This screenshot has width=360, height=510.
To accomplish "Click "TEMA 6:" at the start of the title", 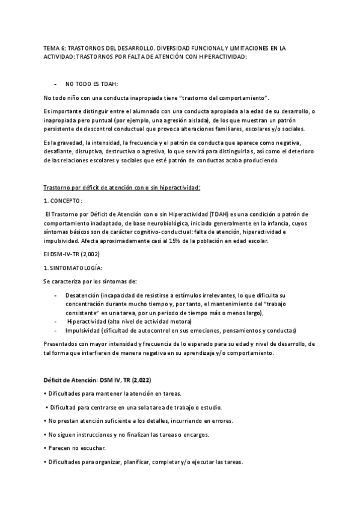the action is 54,48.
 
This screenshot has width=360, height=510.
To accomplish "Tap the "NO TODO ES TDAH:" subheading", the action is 92,84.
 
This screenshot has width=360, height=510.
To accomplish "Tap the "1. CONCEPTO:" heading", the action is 63,200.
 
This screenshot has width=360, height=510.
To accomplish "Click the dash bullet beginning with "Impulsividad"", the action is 56,331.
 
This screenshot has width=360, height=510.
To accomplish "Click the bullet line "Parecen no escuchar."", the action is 75,448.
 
